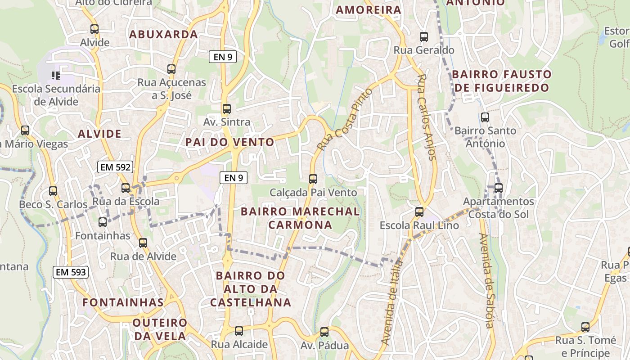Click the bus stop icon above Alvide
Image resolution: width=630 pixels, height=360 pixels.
click(x=94, y=29)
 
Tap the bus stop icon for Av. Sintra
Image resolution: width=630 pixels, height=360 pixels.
click(x=226, y=108)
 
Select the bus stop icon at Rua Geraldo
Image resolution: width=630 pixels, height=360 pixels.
click(x=423, y=37)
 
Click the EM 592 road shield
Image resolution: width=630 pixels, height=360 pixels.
click(x=116, y=167)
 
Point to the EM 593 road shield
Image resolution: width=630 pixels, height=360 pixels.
click(x=71, y=272)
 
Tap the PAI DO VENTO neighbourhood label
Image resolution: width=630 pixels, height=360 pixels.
click(x=230, y=142)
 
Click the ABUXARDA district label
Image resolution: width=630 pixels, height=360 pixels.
click(x=163, y=34)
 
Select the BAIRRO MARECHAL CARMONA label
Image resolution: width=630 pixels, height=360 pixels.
click(x=300, y=218)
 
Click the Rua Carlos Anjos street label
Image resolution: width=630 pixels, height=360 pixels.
click(x=427, y=117)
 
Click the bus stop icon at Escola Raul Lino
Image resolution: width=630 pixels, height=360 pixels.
click(x=419, y=211)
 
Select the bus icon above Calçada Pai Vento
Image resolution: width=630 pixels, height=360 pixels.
click(x=313, y=179)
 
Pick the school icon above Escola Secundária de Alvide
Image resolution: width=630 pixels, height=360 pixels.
click(x=56, y=75)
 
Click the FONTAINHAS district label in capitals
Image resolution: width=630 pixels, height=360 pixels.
click(x=123, y=302)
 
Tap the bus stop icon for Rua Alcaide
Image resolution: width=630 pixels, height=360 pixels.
click(x=239, y=331)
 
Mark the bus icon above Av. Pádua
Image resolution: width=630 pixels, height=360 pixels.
click(x=324, y=332)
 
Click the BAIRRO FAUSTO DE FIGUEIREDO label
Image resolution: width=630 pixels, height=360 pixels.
click(x=502, y=81)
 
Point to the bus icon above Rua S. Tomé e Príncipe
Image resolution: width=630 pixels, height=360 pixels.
click(x=585, y=327)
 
